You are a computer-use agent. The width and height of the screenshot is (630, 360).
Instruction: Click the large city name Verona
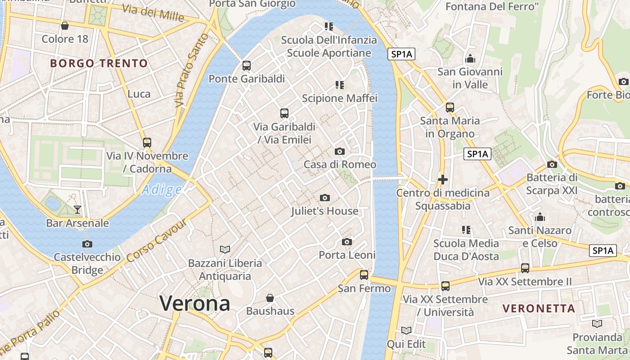(195, 303)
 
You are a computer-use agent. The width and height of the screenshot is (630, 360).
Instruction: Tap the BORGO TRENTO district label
(99, 63)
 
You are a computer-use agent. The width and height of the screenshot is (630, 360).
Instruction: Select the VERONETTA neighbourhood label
(539, 309)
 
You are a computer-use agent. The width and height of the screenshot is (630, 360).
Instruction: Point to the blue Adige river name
(162, 190)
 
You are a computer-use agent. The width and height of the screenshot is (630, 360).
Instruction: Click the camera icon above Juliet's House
(324, 198)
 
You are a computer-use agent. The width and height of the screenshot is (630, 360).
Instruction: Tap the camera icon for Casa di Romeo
(340, 151)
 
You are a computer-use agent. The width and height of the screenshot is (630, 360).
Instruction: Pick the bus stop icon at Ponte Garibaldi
(246, 66)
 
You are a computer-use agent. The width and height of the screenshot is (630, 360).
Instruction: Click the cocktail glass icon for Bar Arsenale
(77, 210)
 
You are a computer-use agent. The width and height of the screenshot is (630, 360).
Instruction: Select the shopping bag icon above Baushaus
(270, 298)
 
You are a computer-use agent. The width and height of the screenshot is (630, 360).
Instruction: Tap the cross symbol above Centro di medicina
(443, 180)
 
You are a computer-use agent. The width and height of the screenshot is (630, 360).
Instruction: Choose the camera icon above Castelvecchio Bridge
(87, 244)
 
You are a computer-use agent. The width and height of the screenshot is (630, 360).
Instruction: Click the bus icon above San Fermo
(364, 274)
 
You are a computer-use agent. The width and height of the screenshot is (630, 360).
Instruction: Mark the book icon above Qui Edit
(406, 330)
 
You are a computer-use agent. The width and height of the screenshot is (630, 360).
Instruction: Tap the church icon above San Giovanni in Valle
(470, 59)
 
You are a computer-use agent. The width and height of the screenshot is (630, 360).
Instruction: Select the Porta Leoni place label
(347, 255)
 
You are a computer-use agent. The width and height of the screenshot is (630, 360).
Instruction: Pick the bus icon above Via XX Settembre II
(525, 268)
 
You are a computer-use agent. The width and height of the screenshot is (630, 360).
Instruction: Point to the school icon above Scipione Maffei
(340, 85)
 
